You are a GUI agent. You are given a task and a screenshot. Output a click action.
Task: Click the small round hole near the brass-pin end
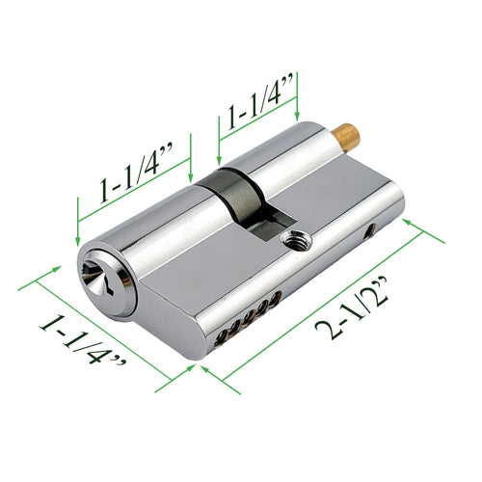pyautogui.click(x=370, y=231)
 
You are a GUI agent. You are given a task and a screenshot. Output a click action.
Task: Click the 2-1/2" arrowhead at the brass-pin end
pyautogui.click(x=412, y=224)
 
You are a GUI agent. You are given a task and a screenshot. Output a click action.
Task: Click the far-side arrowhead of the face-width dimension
pyautogui.click(x=39, y=281)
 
